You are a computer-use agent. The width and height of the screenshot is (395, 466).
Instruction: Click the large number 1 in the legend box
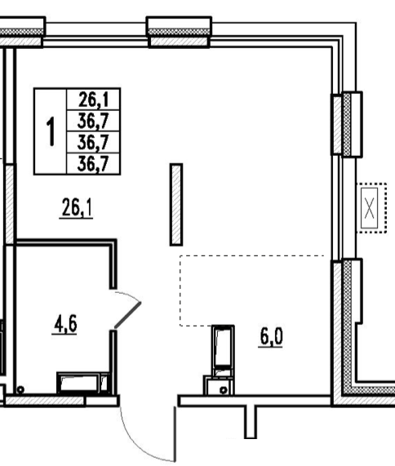[x=51, y=131]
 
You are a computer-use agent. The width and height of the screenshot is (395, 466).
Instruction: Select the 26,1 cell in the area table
[x=93, y=100]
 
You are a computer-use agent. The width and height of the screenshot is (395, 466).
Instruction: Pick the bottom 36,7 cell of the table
[x=93, y=164]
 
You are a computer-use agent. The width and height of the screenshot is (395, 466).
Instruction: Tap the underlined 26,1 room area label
[x=77, y=208]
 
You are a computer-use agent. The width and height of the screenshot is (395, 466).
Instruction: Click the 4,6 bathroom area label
[x=65, y=324]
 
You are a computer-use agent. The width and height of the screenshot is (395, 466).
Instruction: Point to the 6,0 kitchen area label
[x=271, y=337]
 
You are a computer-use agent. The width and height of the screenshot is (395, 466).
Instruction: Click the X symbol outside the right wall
[x=370, y=208]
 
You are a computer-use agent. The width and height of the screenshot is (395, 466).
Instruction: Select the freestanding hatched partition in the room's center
[x=176, y=205]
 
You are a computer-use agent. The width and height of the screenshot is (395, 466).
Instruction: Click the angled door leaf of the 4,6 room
[x=128, y=315]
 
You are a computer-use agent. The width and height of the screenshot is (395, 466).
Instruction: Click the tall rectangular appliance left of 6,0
[x=223, y=350]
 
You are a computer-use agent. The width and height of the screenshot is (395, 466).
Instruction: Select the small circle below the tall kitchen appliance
[x=224, y=390]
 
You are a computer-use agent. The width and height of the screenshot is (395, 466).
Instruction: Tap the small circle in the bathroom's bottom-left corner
[x=20, y=389]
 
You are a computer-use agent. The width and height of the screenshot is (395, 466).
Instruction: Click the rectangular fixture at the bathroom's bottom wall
[x=83, y=383]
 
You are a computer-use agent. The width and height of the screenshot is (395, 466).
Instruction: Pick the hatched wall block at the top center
[x=180, y=42]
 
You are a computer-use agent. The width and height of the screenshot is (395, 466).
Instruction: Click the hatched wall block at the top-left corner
[x=20, y=42]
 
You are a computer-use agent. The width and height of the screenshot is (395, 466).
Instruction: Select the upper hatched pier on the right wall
[x=337, y=125]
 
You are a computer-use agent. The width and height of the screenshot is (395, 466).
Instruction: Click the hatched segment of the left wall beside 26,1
[x=10, y=204]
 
